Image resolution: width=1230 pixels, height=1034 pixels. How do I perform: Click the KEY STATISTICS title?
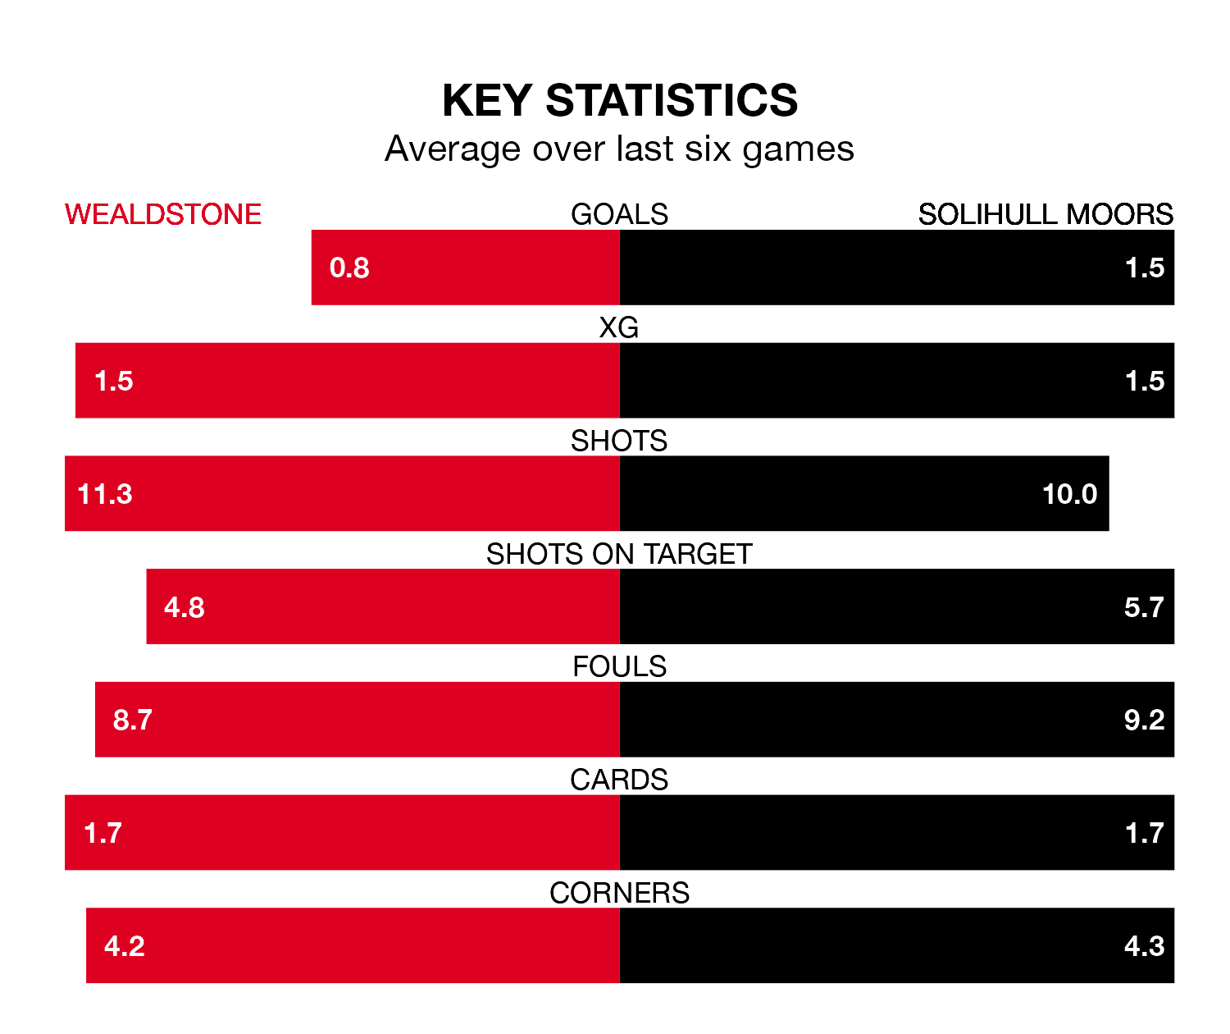point(619,101)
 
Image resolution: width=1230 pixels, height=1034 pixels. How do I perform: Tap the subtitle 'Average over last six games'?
point(619,149)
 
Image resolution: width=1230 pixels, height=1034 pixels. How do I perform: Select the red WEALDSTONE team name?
point(163,214)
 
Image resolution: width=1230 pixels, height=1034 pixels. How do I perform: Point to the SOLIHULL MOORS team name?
point(1045,214)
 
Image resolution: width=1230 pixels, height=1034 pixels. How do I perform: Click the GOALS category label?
point(619,214)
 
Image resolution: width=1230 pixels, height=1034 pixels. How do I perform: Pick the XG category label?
point(619,327)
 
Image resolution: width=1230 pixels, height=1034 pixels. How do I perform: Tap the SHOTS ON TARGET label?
point(619,554)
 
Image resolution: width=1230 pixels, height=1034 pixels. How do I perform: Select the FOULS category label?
point(619,666)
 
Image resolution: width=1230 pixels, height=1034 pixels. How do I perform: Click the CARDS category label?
point(619,780)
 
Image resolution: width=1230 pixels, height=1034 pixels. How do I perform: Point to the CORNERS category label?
point(619,893)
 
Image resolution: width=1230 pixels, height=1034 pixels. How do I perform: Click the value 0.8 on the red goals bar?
point(349,268)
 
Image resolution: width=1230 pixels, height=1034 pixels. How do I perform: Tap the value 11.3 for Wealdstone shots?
point(105,494)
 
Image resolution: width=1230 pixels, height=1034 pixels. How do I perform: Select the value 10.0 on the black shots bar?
point(1069,494)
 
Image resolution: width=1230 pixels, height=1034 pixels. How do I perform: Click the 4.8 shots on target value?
point(184,607)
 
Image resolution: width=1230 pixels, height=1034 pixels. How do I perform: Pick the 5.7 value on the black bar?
point(1144,607)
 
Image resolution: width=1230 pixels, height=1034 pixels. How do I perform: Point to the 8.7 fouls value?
point(133,720)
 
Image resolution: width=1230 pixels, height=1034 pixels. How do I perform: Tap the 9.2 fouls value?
point(1144,720)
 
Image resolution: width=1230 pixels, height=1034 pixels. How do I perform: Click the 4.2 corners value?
point(125,946)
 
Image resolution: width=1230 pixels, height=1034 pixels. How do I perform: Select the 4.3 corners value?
point(1144,946)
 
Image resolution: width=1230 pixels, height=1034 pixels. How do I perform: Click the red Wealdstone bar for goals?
point(492,268)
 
